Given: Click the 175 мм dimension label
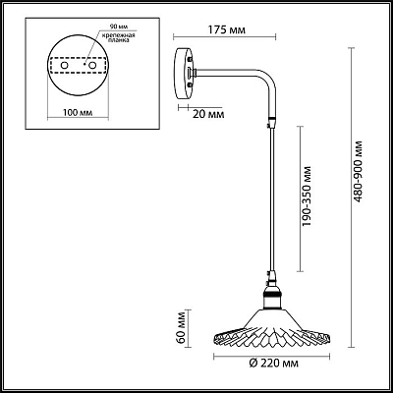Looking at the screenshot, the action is [x=227, y=30].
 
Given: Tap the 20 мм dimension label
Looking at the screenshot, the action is [x=208, y=115].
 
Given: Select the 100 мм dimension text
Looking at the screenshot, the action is [x=78, y=113].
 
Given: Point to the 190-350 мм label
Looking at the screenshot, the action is [x=307, y=196].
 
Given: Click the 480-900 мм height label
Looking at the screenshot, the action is [x=358, y=172].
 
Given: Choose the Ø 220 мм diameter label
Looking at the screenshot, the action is [x=273, y=364].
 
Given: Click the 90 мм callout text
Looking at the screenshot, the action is [x=114, y=27].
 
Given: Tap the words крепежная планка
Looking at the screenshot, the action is [x=118, y=38].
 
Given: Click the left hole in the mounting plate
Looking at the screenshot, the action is [x=65, y=66].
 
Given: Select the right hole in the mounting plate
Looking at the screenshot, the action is [x=92, y=66].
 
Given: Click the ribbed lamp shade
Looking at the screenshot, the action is [x=271, y=329].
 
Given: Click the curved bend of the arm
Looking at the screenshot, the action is [x=267, y=79].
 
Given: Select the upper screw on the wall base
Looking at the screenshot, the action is [x=190, y=60].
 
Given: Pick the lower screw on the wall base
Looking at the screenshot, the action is [x=190, y=85].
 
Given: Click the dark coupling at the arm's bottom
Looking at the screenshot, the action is [x=271, y=122].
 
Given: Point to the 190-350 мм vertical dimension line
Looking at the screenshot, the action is [x=300, y=198].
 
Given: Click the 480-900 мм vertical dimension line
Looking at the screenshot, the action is [x=351, y=197].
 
